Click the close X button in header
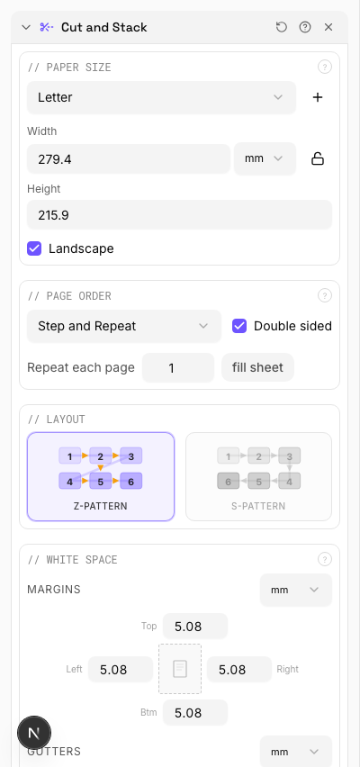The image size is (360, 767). (x=328, y=27)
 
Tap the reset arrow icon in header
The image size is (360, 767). (x=282, y=27)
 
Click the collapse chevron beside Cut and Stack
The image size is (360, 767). (x=26, y=27)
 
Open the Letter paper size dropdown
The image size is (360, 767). (x=161, y=97)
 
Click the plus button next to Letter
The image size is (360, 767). (x=318, y=97)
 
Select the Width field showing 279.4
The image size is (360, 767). (x=129, y=158)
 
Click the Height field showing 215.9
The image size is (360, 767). (x=179, y=214)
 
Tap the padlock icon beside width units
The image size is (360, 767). (x=318, y=158)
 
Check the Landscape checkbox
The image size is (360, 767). (x=34, y=248)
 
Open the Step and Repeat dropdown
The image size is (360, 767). (x=123, y=326)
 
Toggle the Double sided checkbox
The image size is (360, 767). (x=239, y=326)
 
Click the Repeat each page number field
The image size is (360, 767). (x=178, y=367)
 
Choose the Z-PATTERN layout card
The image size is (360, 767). (x=101, y=476)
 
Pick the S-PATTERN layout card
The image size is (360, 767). (x=258, y=476)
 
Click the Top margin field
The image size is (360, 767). (x=194, y=626)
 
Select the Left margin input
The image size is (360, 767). (x=121, y=669)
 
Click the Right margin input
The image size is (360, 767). (x=238, y=669)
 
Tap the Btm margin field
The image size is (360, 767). (x=194, y=712)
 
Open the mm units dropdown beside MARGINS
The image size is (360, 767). (x=295, y=590)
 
